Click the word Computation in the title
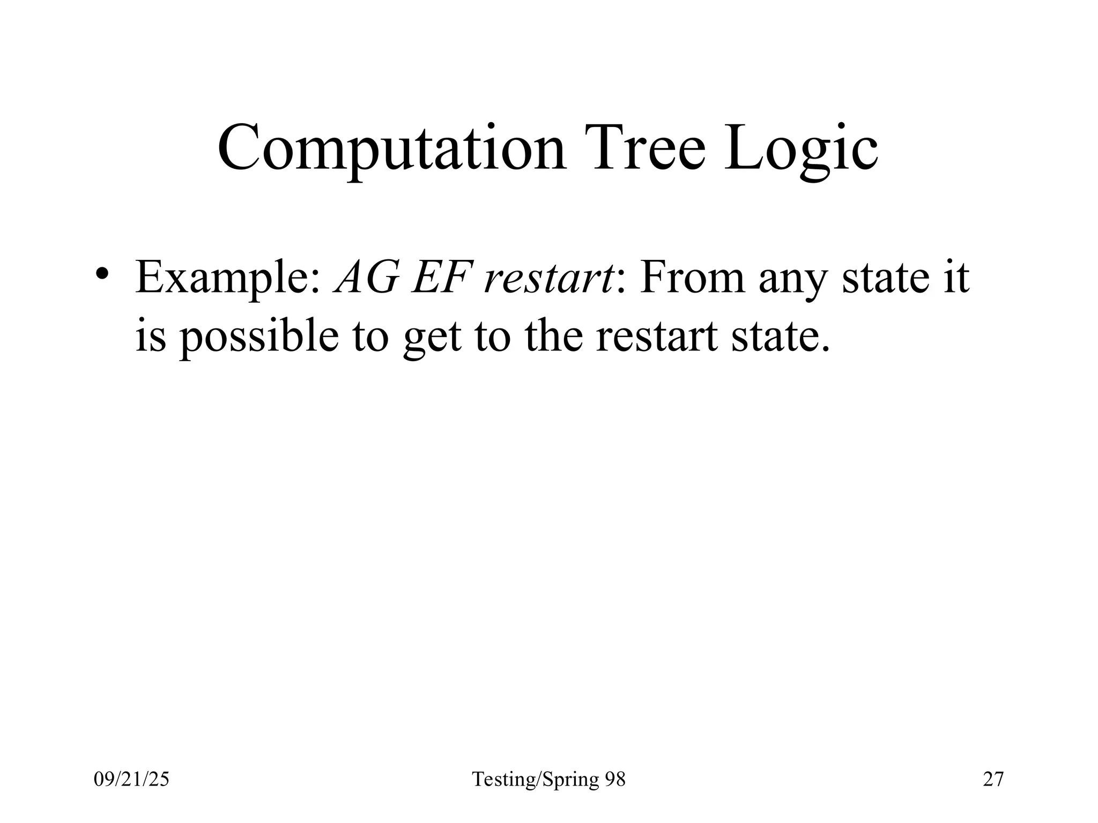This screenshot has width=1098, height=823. (x=391, y=147)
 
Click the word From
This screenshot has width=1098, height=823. (x=692, y=278)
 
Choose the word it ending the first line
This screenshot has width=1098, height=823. (x=955, y=278)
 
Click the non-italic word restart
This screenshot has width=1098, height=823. (x=656, y=336)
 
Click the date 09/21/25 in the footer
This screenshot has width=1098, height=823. (x=131, y=779)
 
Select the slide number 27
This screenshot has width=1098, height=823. (x=993, y=779)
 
